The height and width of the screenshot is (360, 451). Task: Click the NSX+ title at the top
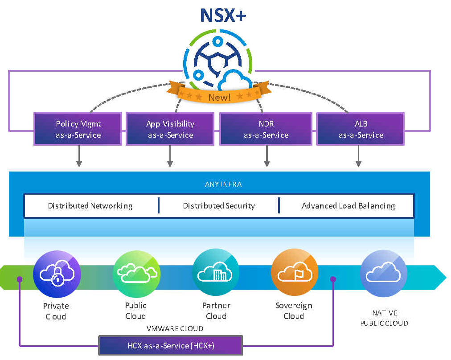[x=223, y=16]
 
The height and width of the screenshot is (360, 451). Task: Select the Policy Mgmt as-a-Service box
[x=78, y=129]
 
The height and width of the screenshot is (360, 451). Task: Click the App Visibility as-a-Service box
[x=170, y=129]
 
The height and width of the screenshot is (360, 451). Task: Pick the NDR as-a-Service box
[x=266, y=129]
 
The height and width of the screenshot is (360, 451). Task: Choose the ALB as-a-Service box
[x=360, y=129]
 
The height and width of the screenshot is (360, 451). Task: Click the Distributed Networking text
[x=90, y=206]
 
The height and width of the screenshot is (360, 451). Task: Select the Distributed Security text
[x=219, y=206]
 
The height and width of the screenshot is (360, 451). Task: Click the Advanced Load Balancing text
[x=348, y=206]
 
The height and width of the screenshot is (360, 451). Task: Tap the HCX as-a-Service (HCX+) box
[x=170, y=345]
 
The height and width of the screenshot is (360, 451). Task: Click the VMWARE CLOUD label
[x=175, y=328]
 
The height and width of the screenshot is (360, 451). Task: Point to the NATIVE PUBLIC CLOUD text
[x=384, y=318]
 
